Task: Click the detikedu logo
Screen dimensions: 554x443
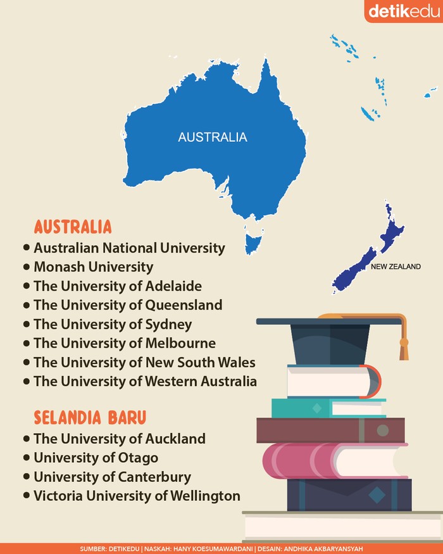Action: click(402, 11)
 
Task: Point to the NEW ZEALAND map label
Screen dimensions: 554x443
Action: click(396, 267)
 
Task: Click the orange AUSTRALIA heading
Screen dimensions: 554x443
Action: click(73, 227)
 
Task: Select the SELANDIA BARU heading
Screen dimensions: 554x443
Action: click(90, 418)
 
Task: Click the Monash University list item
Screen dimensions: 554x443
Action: click(94, 267)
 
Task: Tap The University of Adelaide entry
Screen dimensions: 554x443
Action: click(118, 286)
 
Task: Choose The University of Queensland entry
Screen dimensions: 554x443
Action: click(128, 305)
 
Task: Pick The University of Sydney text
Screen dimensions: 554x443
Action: click(113, 324)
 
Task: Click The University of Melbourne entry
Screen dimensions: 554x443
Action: click(125, 343)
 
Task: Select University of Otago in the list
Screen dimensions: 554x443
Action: click(96, 457)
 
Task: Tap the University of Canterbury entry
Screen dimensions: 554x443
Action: click(112, 476)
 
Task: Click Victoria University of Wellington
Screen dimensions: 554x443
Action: click(137, 495)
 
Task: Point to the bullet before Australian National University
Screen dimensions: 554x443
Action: click(26, 248)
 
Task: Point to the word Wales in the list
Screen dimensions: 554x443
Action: click(235, 362)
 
